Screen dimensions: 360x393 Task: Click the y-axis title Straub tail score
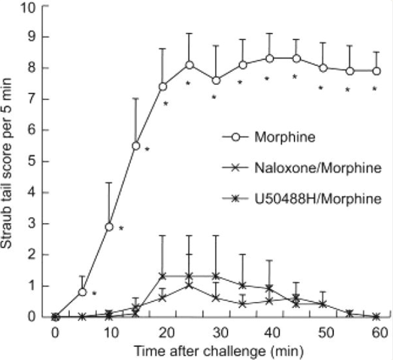(x=13, y=161)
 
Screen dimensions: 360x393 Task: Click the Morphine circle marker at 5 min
(x=82, y=292)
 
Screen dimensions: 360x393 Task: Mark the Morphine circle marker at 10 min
(x=109, y=227)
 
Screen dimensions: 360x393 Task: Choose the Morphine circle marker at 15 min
(x=136, y=146)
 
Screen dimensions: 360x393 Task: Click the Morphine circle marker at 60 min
(x=376, y=71)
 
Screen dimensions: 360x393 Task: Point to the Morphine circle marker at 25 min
(x=189, y=65)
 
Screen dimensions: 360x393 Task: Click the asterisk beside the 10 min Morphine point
(x=121, y=228)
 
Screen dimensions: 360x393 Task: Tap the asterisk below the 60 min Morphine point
(x=375, y=89)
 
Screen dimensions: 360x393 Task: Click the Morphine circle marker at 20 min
(x=162, y=87)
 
